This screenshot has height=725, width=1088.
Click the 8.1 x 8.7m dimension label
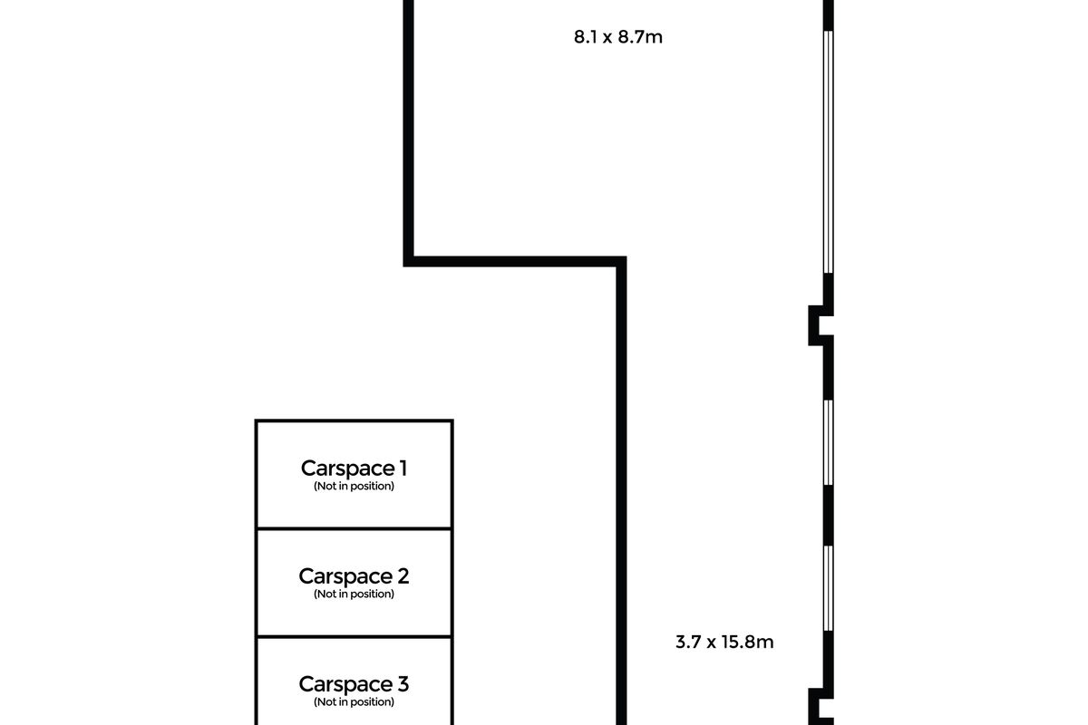[617, 37]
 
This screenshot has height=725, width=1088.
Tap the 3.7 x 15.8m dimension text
[724, 642]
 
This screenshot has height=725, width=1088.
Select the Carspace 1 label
[354, 469]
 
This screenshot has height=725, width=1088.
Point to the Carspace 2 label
[354, 576]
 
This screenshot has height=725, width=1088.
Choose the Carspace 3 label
[354, 684]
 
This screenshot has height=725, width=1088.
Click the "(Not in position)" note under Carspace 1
[354, 486]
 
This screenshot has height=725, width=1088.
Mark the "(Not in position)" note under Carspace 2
[354, 594]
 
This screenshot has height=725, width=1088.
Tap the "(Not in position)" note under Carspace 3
[354, 701]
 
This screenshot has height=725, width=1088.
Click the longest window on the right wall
[829, 152]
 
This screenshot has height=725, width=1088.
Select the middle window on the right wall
[829, 442]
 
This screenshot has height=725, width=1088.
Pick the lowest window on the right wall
[829, 588]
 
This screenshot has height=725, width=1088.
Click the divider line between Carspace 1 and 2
[355, 528]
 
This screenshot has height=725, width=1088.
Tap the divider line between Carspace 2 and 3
[355, 636]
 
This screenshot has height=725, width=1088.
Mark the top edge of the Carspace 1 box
[355, 420]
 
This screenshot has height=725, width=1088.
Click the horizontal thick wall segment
[515, 262]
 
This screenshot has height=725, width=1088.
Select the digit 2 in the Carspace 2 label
[403, 576]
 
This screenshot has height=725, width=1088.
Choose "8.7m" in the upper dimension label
[640, 37]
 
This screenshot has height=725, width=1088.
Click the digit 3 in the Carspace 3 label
[403, 684]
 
